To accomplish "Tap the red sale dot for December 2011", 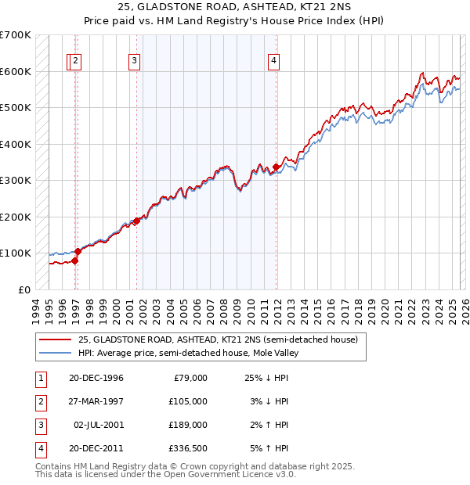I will [x=277, y=167].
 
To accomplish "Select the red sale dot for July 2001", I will [x=136, y=221].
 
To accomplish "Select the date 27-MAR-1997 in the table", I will [x=96, y=401].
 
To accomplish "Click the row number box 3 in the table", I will [x=39, y=425].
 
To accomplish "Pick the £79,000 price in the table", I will [x=188, y=378].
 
